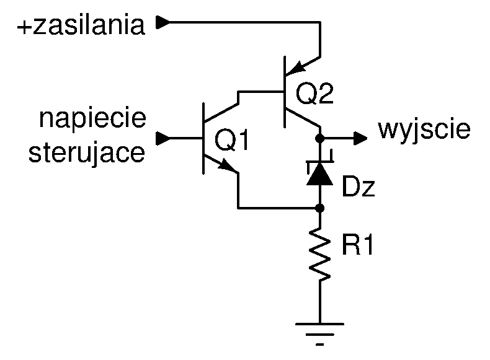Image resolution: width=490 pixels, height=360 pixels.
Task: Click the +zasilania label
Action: click(x=81, y=25)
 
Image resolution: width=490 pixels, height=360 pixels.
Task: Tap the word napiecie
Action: click(x=92, y=118)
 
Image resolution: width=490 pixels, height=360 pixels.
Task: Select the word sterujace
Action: click(x=87, y=152)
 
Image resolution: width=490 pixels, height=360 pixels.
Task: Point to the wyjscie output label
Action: click(x=424, y=130)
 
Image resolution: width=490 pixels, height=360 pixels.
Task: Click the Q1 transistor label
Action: click(x=231, y=140)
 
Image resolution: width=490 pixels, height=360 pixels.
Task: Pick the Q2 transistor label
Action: click(x=314, y=94)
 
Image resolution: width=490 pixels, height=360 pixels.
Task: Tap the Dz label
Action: click(x=359, y=186)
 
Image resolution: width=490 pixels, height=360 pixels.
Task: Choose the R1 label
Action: click(x=357, y=245)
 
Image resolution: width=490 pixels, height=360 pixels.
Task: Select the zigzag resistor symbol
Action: click(x=319, y=253)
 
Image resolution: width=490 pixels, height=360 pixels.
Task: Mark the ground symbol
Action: click(x=319, y=334)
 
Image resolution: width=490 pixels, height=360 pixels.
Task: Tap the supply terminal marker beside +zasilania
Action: click(x=163, y=22)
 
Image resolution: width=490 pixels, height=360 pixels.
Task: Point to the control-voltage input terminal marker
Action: click(x=163, y=138)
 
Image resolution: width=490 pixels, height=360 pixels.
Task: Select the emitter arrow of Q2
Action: click(x=296, y=68)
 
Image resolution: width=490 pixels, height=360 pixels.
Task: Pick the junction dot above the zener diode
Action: click(x=319, y=138)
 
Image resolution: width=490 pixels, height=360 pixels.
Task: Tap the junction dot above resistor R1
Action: click(x=319, y=208)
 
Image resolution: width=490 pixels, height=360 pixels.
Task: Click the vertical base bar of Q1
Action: click(x=203, y=138)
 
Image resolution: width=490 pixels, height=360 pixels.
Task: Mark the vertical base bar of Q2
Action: click(x=284, y=92)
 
